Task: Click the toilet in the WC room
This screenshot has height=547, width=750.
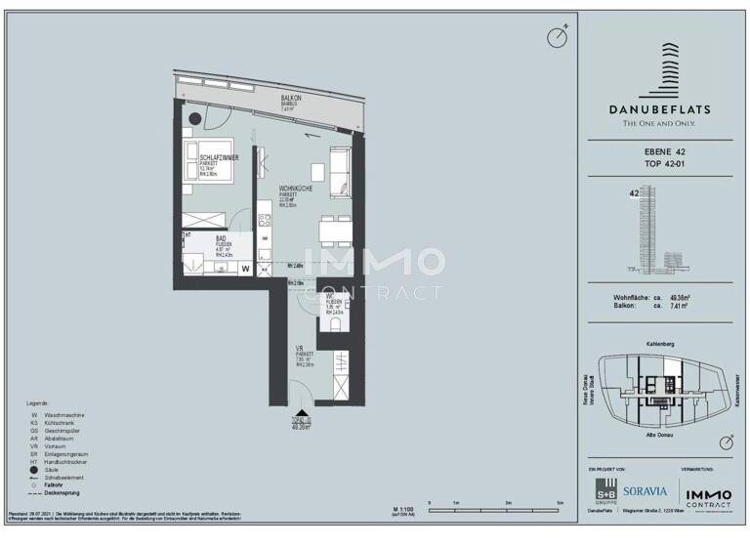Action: coord(334,325)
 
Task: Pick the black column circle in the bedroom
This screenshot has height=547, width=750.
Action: coord(199,118)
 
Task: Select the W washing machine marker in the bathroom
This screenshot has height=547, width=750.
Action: coord(245,268)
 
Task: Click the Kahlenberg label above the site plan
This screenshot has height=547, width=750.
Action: coord(661,344)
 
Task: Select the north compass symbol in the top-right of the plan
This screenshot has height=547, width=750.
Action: coord(557,37)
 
